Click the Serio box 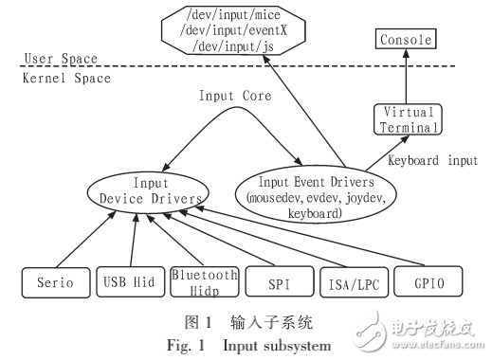click(53, 281)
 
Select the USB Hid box click(130, 281)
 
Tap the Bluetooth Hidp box click(204, 281)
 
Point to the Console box click(405, 39)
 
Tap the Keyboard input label click(431, 161)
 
